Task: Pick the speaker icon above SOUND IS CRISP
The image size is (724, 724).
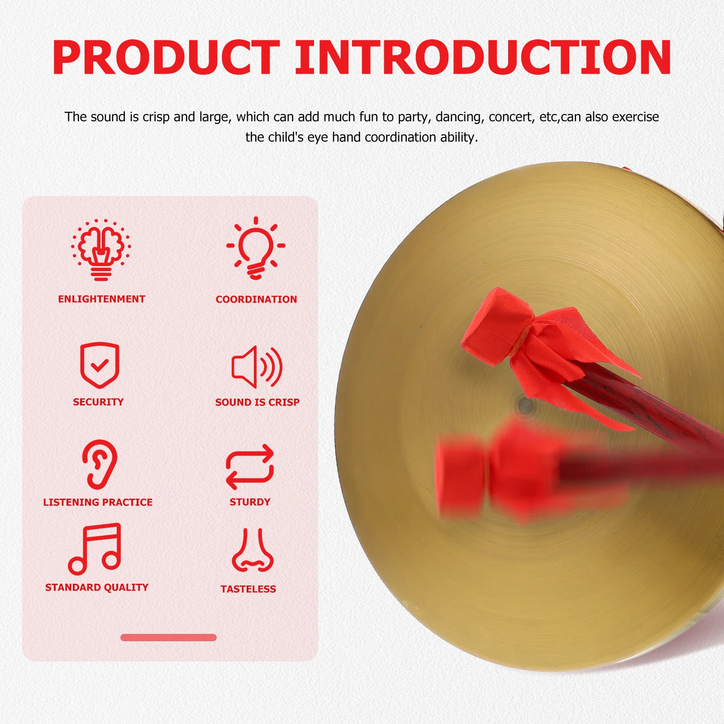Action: (257, 367)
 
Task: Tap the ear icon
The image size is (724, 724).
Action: (100, 464)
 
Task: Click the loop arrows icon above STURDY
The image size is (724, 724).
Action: (250, 467)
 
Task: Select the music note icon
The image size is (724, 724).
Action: (95, 548)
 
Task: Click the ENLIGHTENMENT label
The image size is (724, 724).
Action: (101, 299)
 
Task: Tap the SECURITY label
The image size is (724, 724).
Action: (98, 402)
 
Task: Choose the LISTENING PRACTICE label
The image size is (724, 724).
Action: (98, 502)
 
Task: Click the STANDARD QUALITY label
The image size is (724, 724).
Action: (97, 587)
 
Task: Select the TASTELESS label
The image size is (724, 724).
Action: (248, 589)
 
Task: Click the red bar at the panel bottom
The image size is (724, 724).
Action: (168, 638)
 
